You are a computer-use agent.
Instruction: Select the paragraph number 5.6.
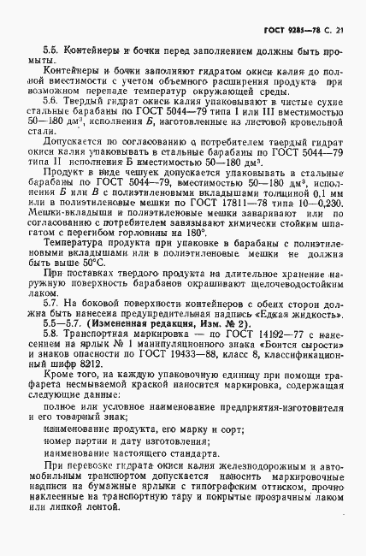tap(52, 101)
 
